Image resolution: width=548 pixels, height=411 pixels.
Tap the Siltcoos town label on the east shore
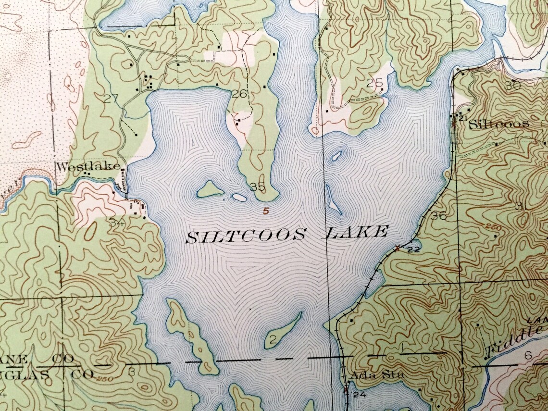point(498,124)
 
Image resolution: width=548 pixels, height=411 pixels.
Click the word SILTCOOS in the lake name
point(246,236)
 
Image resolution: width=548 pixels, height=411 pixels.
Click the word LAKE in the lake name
point(356,233)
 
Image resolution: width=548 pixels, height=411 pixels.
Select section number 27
point(111,99)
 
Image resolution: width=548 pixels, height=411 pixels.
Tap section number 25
point(374,84)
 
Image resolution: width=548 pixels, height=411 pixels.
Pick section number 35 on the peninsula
point(257,187)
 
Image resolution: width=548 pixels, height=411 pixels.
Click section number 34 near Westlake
point(117,223)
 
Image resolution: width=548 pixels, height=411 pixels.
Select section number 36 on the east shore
point(438,216)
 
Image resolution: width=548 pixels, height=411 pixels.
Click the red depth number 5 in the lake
point(266,210)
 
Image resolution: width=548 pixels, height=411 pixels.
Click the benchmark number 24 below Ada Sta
point(360,395)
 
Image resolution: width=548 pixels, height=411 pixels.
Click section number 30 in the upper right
point(513,86)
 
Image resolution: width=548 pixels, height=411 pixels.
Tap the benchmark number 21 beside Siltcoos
point(463,118)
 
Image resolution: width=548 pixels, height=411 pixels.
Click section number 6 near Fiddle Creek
point(528,356)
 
